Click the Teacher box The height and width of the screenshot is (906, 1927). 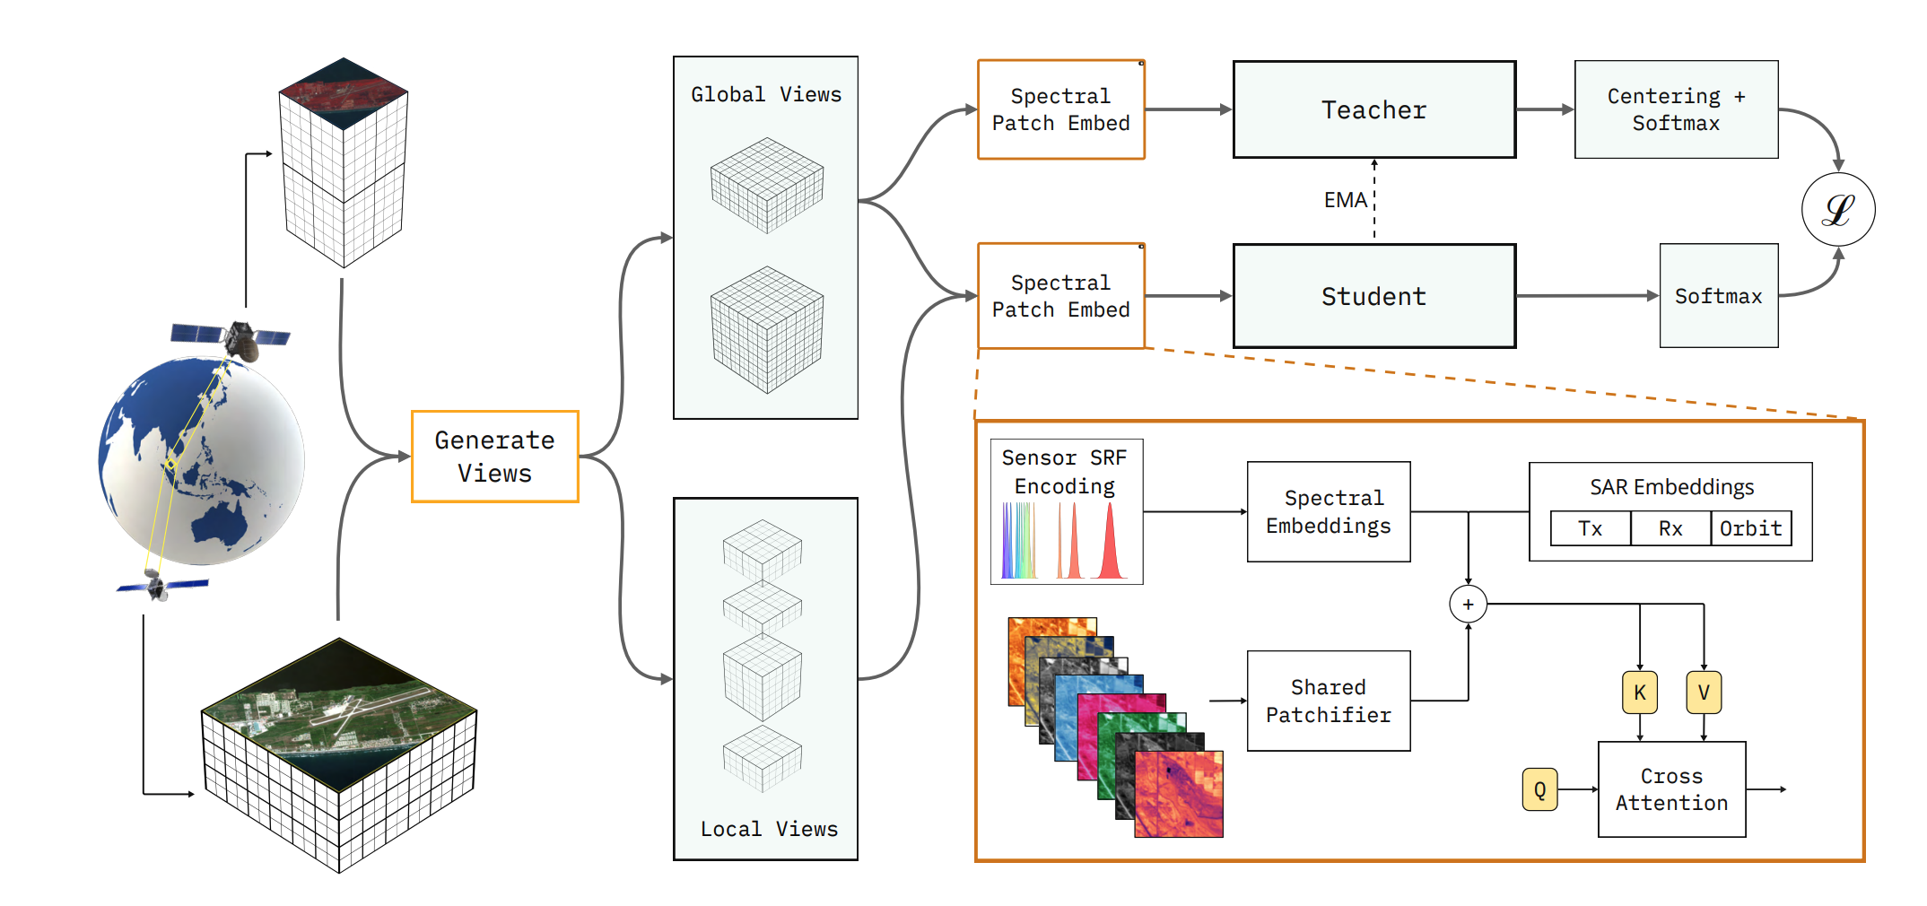pyautogui.click(x=1373, y=109)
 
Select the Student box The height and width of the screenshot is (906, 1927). pyautogui.click(x=1373, y=296)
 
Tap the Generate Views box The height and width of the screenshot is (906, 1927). pyautogui.click(x=494, y=457)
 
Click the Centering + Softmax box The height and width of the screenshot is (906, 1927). pyautogui.click(x=1676, y=109)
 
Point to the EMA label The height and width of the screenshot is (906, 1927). pyautogui.click(x=1345, y=200)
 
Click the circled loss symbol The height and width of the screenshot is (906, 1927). pyautogui.click(x=1837, y=210)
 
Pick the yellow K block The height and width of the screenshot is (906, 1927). pyautogui.click(x=1639, y=693)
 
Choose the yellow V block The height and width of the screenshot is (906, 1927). pyautogui.click(x=1703, y=693)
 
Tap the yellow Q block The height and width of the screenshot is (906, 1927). pyautogui.click(x=1539, y=789)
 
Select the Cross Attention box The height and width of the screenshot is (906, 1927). pyautogui.click(x=1671, y=789)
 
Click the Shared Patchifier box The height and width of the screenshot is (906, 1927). pyautogui.click(x=1328, y=701)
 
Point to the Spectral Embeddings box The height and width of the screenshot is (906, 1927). pyautogui.click(x=1328, y=511)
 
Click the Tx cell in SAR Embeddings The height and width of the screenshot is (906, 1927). pyautogui.click(x=1590, y=528)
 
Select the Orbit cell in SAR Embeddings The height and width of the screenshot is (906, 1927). pyautogui.click(x=1750, y=528)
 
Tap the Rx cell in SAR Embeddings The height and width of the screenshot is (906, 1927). pyautogui.click(x=1670, y=528)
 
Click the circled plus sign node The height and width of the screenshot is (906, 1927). pyautogui.click(x=1468, y=605)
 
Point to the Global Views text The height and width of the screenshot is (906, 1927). pyautogui.click(x=766, y=94)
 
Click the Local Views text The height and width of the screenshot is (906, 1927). pyautogui.click(x=769, y=829)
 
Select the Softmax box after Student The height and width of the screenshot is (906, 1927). pyautogui.click(x=1718, y=296)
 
